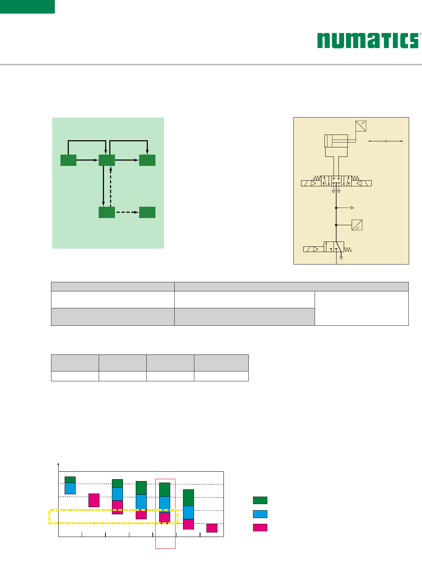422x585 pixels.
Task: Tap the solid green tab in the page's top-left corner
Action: [x=27, y=7]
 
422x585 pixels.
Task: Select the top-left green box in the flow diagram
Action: [x=68, y=160]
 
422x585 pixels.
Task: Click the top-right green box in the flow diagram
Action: [x=147, y=160]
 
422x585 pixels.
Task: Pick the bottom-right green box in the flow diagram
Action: [x=147, y=212]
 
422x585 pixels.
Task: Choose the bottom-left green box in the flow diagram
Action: [x=107, y=212]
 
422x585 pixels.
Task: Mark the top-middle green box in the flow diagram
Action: [x=107, y=160]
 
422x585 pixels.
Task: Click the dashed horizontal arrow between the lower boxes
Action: [x=127, y=212]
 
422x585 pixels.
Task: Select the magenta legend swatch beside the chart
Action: [x=260, y=528]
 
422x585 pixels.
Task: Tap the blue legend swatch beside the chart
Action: [x=260, y=514]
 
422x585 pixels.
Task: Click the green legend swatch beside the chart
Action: [x=260, y=500]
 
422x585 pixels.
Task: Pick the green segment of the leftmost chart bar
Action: [x=70, y=480]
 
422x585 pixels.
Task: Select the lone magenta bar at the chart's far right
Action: [x=212, y=528]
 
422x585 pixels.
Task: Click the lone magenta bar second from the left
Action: [x=94, y=500]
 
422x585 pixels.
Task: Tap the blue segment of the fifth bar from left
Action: [x=164, y=504]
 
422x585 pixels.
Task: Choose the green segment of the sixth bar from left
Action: [x=188, y=498]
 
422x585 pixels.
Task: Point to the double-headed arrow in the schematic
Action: [x=386, y=141]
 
